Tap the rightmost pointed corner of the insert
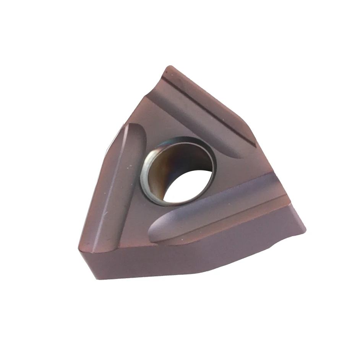point(305,229)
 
